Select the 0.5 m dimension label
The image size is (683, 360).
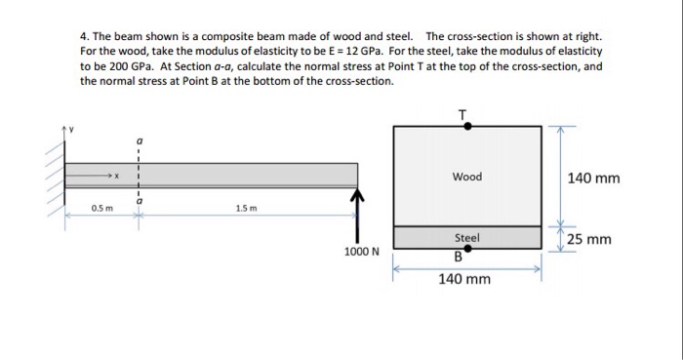tap(101, 208)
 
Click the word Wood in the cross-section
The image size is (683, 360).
tap(467, 177)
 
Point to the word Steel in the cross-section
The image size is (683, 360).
tap(467, 237)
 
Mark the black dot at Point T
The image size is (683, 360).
tap(467, 126)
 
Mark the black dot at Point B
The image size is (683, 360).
tap(468, 250)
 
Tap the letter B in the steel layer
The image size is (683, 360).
tap(458, 259)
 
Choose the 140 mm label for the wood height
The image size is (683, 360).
tap(592, 178)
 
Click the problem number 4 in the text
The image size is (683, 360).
tap(83, 33)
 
